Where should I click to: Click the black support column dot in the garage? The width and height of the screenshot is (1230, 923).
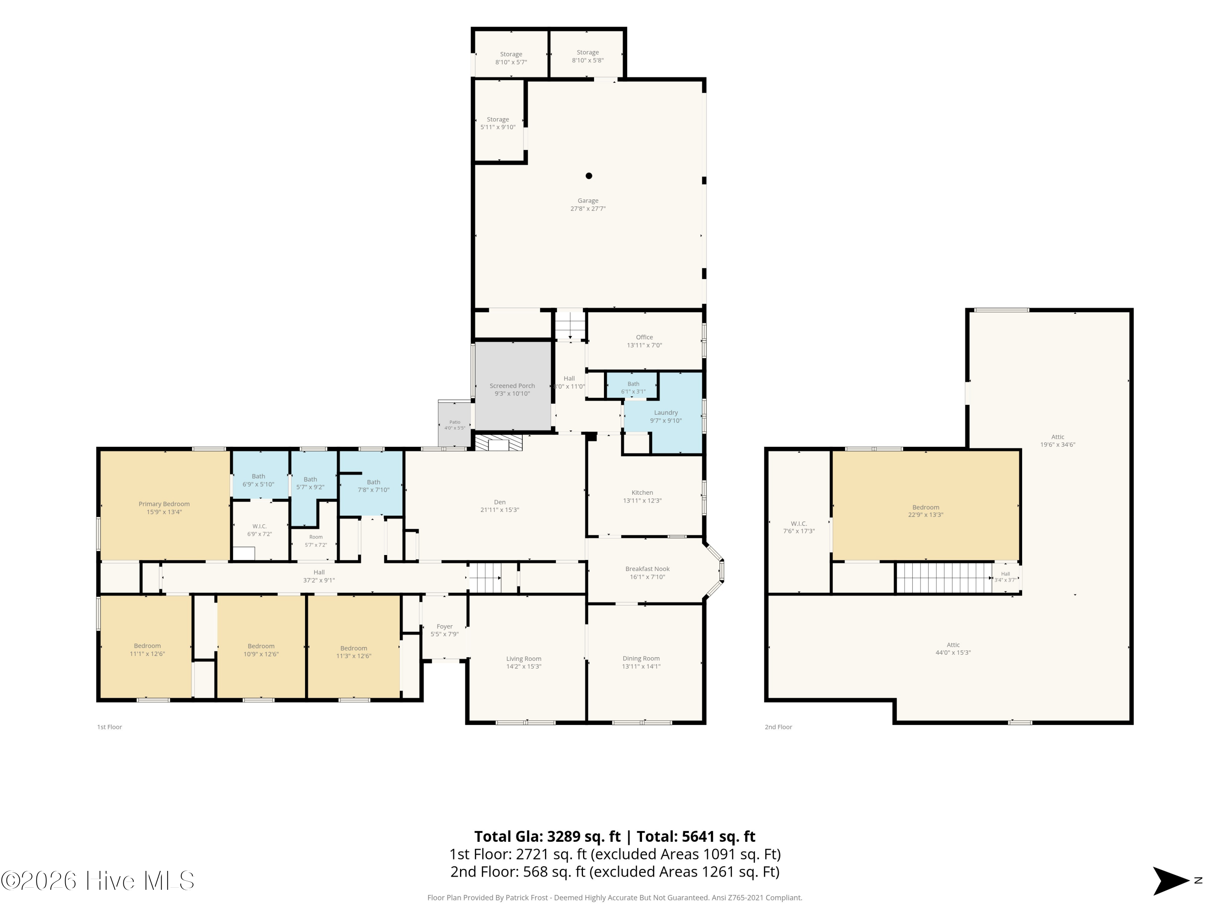pos(589,176)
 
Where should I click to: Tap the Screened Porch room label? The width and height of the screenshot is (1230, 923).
pos(512,386)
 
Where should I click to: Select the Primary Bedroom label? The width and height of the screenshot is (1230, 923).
pos(164,504)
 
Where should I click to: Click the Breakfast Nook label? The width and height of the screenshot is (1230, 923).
pos(647,569)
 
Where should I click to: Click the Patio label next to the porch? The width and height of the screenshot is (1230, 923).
pos(455,422)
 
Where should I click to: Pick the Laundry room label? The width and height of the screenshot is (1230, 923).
pos(665,413)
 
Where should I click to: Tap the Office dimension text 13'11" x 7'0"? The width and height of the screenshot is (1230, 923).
pos(645,345)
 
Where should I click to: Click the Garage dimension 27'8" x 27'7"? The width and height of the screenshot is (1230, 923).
pos(588,209)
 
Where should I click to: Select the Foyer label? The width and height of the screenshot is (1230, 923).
pos(444,626)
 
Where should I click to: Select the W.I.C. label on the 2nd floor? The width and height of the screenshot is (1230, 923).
pos(799,523)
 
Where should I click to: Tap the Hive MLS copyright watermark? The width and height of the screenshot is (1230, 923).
pos(97,881)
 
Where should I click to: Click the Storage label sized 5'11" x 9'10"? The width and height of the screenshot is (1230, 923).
pos(498,120)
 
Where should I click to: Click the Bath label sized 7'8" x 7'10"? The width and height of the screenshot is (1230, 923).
pos(373,482)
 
